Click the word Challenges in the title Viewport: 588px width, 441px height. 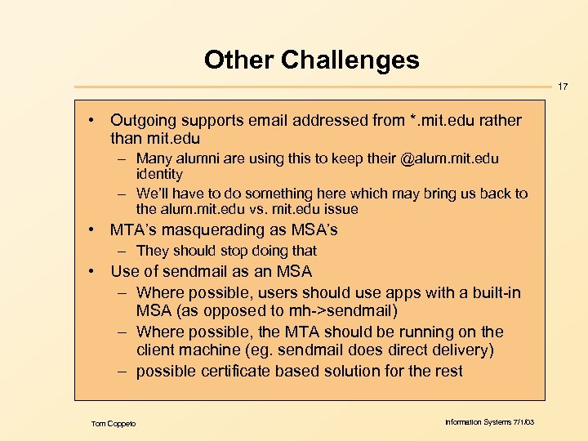click(350, 60)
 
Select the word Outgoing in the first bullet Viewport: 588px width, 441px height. click(140, 121)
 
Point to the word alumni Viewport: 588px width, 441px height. click(197, 158)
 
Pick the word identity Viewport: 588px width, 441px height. click(159, 174)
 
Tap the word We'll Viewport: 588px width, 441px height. click(154, 194)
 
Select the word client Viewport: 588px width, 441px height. click(157, 351)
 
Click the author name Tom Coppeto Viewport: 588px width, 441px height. click(114, 423)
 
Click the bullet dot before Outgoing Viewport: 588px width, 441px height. click(95, 121)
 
